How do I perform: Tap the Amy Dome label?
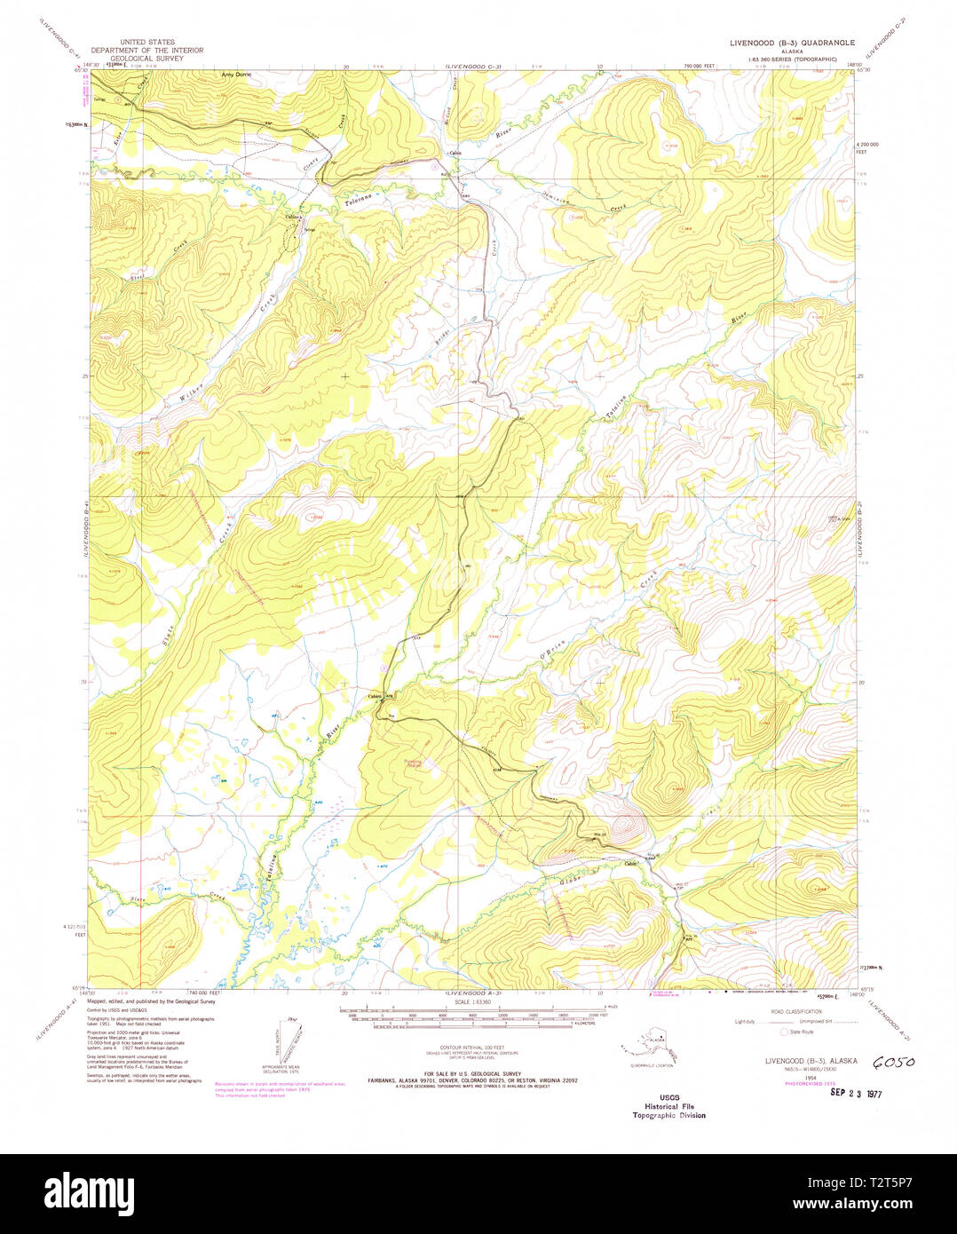(236, 75)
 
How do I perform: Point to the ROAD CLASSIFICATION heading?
(796, 1011)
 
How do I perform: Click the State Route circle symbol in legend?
(783, 1032)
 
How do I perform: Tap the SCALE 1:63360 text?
(471, 1002)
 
